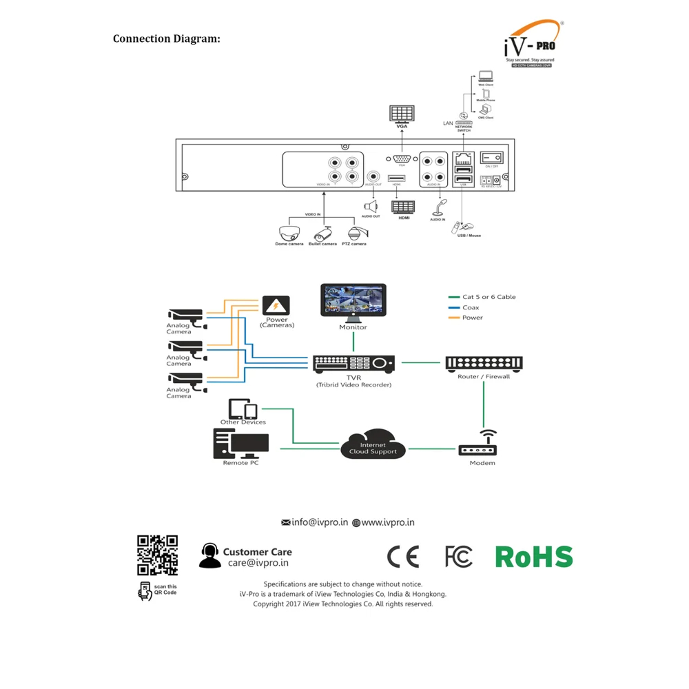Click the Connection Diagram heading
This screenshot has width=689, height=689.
(x=167, y=39)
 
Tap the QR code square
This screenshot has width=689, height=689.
(x=157, y=555)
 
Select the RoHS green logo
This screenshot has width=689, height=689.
(x=534, y=557)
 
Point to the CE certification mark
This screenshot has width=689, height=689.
(x=403, y=557)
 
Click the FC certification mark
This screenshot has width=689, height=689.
(x=459, y=557)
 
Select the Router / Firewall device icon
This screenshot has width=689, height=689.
(x=484, y=363)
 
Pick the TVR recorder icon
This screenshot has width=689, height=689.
(x=353, y=363)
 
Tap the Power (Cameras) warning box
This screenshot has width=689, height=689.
(x=276, y=305)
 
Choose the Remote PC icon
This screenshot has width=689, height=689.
(x=240, y=443)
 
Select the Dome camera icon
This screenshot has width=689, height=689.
(x=289, y=232)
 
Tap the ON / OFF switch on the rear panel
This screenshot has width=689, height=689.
(x=492, y=158)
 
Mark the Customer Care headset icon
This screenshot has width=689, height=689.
(x=210, y=555)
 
